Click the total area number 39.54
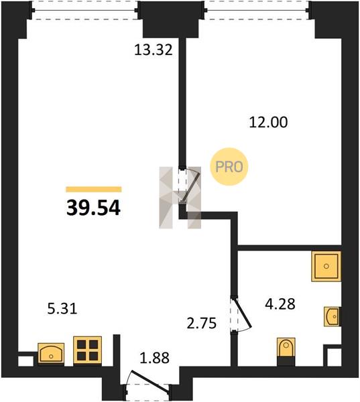pos(93,208)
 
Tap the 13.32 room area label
pos(154,50)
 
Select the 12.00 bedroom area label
pos(268,122)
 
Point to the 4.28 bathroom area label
pos(280,304)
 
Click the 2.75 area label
pos(202,324)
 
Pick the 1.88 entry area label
pos(154,358)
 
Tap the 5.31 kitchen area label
pos(62,309)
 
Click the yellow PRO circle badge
pos(229,167)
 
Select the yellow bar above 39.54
pos(94,189)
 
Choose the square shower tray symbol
pos(326,266)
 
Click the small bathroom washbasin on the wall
pos(332,317)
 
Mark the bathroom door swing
pos(241,314)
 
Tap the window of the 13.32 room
pos(84,10)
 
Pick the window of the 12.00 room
pos(257,10)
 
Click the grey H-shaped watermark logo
pos(180,198)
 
